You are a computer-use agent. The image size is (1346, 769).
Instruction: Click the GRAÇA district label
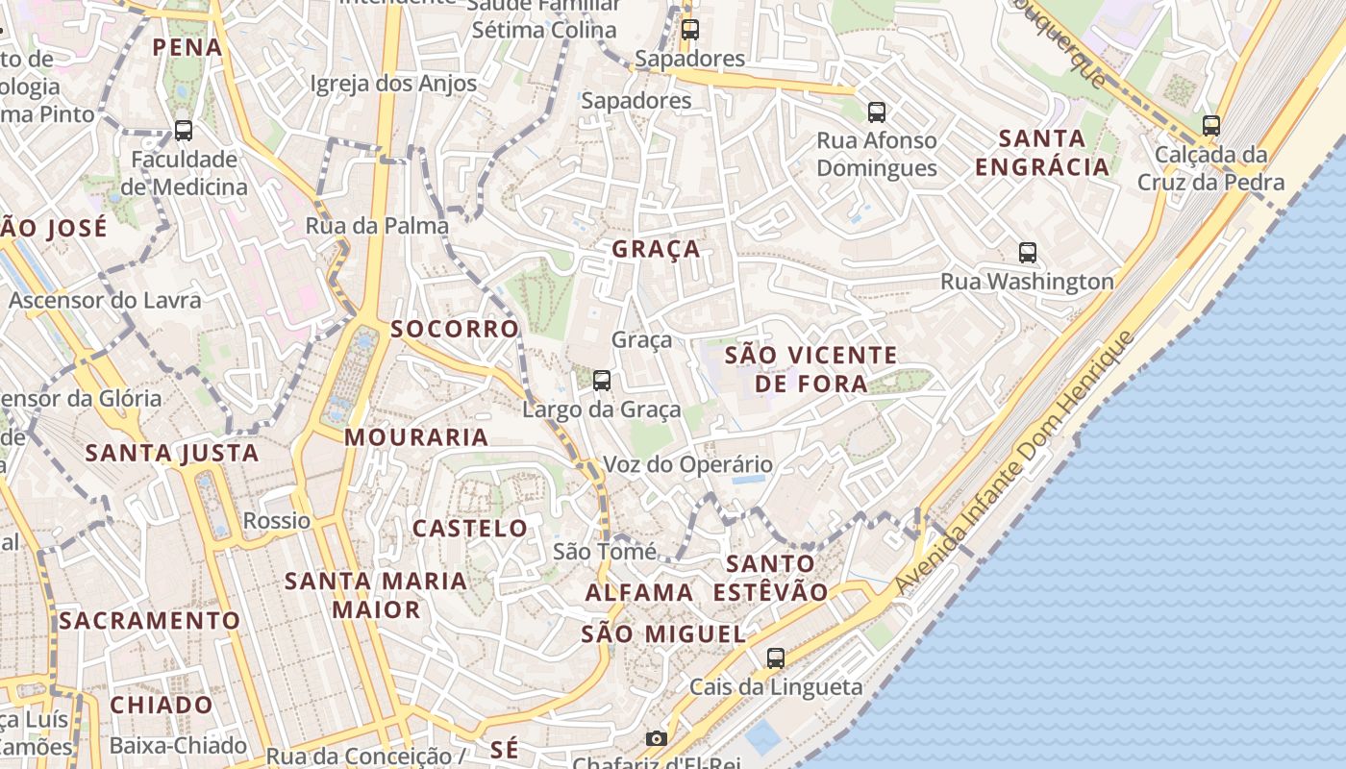657,249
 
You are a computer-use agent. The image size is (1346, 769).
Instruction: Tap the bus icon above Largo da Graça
602,381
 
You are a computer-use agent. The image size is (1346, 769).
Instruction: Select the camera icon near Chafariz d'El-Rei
657,738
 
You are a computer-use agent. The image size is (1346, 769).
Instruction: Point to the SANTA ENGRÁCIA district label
1042,153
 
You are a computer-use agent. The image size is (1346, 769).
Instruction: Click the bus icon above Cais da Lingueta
776,658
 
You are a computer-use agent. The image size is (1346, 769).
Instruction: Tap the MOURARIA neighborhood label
416,437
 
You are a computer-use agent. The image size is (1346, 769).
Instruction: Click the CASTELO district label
470,528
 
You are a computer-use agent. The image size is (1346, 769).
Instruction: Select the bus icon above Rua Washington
1028,253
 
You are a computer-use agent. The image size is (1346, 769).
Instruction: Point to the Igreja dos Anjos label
393,84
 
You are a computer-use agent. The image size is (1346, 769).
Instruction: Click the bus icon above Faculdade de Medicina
183,131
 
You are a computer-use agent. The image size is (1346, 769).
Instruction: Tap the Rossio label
277,521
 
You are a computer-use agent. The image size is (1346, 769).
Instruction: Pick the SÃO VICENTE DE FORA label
811,369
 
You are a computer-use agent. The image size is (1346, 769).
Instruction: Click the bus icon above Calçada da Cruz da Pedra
1211,125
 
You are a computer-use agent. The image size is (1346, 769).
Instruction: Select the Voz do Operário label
687,465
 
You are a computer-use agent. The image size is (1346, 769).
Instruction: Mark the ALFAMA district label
639,592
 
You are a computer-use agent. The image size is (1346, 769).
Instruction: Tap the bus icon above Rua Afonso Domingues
877,112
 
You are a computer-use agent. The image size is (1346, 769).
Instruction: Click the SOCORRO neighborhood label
455,329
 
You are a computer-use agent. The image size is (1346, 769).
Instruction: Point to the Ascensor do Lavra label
106,300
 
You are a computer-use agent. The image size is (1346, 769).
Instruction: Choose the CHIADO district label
162,705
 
